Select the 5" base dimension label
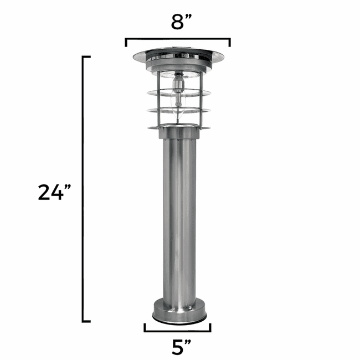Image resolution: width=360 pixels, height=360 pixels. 178,347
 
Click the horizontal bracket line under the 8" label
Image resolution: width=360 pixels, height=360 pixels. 178,39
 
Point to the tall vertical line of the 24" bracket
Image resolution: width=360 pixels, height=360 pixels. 83,188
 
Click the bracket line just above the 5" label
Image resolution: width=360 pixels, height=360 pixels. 178,331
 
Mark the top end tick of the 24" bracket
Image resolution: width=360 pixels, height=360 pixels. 87,56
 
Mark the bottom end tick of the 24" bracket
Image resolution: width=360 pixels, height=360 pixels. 87,321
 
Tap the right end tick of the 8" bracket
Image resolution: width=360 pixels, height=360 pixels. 229,43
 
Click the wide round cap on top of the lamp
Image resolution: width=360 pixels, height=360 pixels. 178,55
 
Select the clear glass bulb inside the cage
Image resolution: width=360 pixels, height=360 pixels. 178,111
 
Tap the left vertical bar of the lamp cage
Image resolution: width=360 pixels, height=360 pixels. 159,100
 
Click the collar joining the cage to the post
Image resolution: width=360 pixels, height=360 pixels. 179,133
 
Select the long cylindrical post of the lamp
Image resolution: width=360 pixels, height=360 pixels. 179,222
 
